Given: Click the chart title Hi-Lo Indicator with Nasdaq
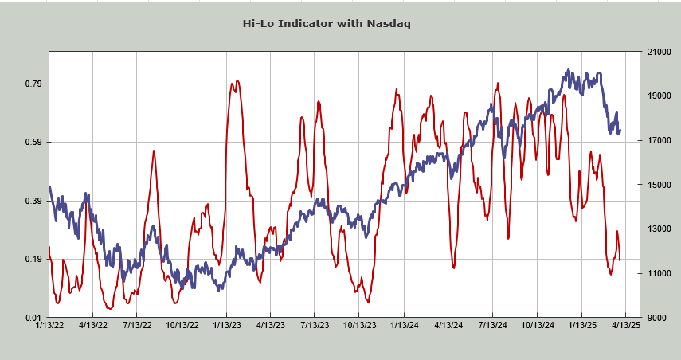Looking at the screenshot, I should [327, 23].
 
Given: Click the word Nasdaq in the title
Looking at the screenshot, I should [389, 23].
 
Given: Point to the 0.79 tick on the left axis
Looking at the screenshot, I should [33, 84].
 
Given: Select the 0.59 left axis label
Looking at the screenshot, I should [33, 143].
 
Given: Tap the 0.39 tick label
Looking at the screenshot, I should [33, 201].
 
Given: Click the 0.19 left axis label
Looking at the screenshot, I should [33, 259].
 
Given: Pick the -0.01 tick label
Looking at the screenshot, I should [33, 318].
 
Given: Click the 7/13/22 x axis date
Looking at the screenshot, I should [138, 325].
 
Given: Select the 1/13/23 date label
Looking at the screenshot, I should [227, 325].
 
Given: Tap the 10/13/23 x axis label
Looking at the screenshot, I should [359, 325].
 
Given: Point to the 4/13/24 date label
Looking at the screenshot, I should [448, 325].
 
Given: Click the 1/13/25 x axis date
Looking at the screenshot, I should [582, 325].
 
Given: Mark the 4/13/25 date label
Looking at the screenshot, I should [626, 325].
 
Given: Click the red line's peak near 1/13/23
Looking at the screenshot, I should [236, 82].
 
